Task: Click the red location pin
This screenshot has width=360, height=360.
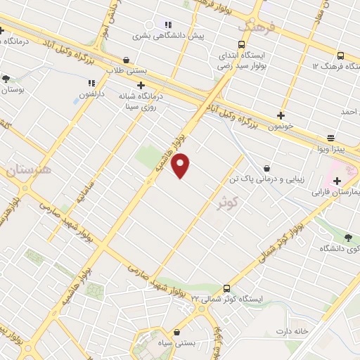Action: (x=181, y=165)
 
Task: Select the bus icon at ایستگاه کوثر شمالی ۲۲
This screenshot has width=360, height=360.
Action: (x=226, y=288)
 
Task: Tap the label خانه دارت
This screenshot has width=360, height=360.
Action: (x=292, y=330)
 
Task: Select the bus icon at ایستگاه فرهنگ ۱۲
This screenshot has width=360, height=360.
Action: (x=341, y=56)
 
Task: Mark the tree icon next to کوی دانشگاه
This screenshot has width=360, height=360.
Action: (x=350, y=238)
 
